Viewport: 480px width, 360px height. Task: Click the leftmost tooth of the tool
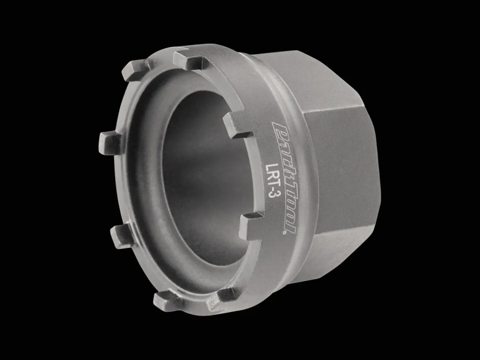[109, 143]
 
